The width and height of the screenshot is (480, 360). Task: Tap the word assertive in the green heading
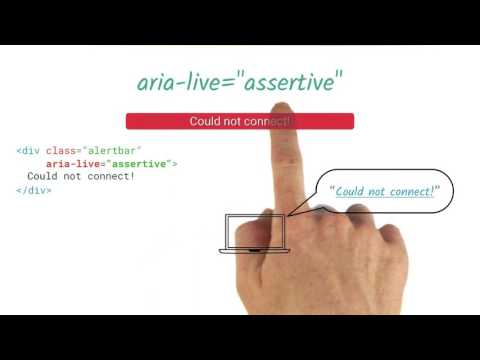coord(291,83)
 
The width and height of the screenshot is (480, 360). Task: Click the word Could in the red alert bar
coord(205,121)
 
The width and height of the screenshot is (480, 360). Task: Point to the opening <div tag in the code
coord(27,151)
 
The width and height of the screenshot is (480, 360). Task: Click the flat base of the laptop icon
coord(256,249)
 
